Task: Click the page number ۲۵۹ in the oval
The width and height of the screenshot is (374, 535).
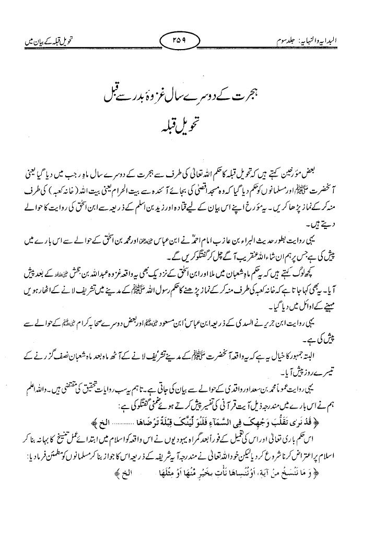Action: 186,40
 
